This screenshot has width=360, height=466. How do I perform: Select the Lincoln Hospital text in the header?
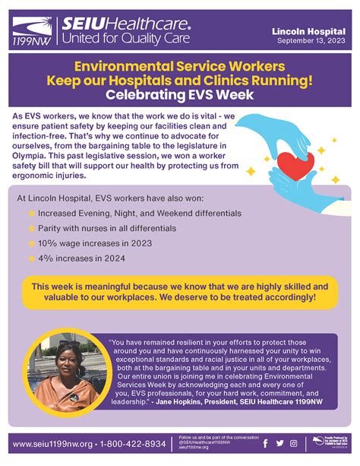pyautogui.click(x=308, y=30)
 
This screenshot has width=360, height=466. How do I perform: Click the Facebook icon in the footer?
pyautogui.click(x=265, y=444)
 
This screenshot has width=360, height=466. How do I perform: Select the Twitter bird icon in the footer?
pyautogui.click(x=280, y=444)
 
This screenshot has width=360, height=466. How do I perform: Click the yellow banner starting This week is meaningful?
pyautogui.click(x=180, y=291)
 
